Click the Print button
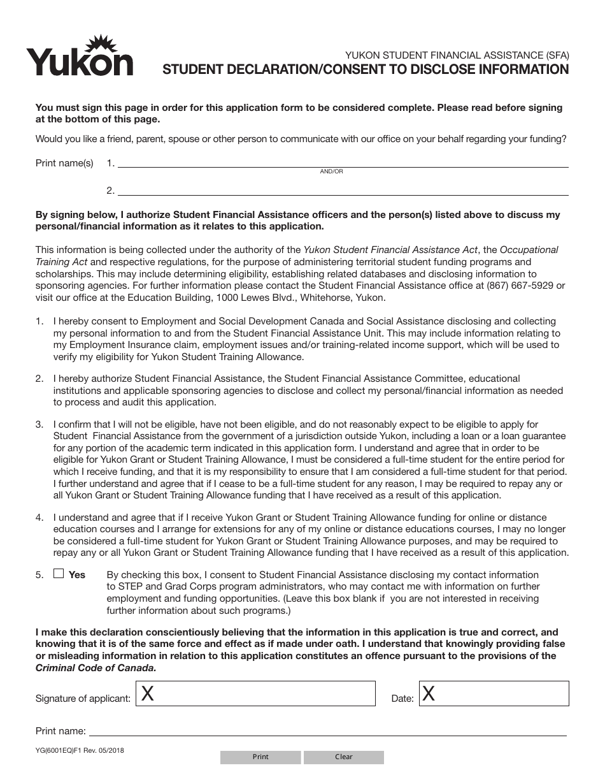[x=260, y=757]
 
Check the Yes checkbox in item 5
[x=59, y=574]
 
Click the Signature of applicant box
[x=255, y=693]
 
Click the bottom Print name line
[x=328, y=732]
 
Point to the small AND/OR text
[x=331, y=171]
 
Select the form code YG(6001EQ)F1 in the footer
[x=62, y=750]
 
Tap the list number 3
[x=39, y=425]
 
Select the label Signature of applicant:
[x=83, y=699]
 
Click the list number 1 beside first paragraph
[x=39, y=321]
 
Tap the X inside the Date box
[x=429, y=694]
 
